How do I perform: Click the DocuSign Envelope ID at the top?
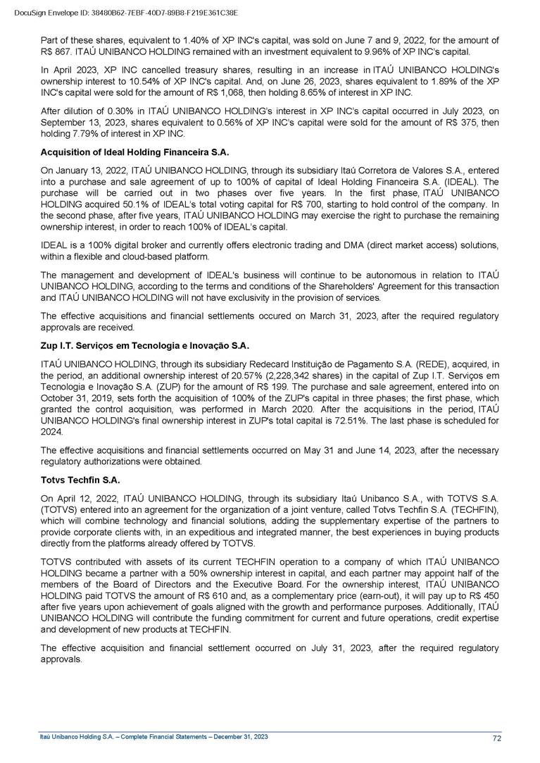tap(125, 13)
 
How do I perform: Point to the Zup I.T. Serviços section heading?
tap(146, 346)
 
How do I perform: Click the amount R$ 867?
tap(58, 53)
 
